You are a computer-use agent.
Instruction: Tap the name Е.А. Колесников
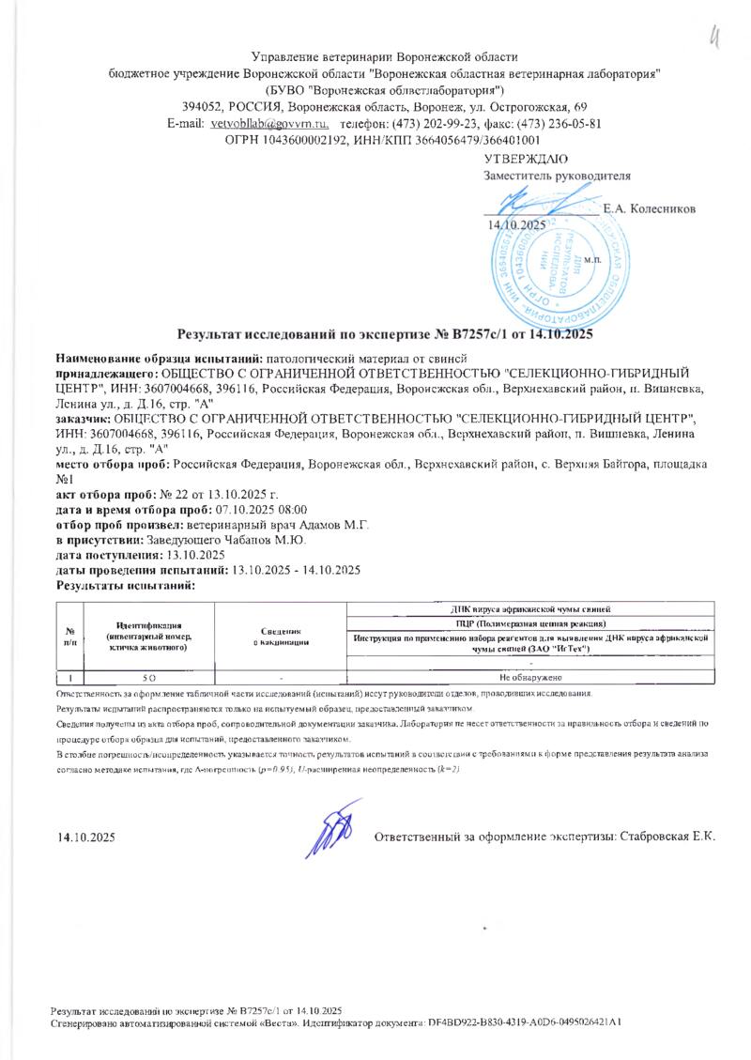pos(650,207)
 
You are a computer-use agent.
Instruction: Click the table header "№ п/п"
pos(70,637)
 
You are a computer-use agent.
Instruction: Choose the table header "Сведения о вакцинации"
pos(281,637)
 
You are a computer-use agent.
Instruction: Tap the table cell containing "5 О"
pos(149,676)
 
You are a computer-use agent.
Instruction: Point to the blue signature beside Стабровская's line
pos(333,830)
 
